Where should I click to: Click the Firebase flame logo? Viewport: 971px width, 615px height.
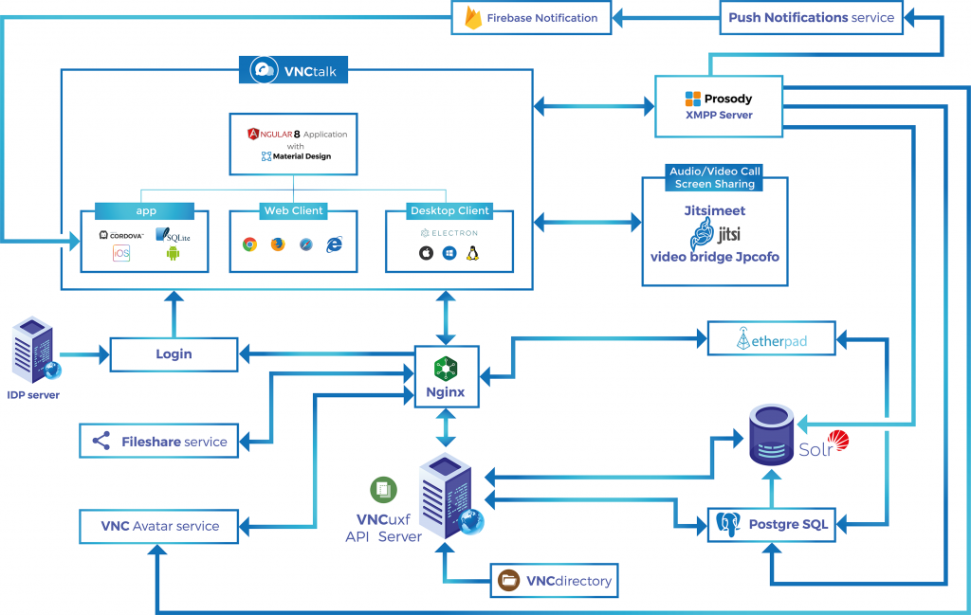474,18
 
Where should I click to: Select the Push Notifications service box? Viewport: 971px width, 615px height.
812,17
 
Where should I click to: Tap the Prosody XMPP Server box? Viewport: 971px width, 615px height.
719,106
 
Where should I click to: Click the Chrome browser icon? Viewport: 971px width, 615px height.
249,244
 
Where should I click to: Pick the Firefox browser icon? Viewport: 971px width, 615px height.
278,244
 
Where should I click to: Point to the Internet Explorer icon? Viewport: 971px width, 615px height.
335,244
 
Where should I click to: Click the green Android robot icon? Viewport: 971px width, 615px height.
173,252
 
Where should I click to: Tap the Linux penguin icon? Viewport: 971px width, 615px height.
473,252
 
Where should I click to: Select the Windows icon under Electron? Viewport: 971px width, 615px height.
449,253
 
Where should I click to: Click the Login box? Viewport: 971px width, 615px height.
174,354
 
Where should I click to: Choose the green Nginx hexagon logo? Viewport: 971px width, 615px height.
446,369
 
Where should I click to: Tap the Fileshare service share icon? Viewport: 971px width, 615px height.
101,441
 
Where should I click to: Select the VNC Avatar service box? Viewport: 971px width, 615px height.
159,527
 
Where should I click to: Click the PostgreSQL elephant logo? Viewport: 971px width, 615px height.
728,525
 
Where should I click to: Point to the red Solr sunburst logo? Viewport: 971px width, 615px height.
838,441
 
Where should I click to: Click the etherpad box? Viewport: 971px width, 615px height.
772,338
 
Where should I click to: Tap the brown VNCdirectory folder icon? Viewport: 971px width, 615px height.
509,580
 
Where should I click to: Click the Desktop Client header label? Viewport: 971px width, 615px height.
450,211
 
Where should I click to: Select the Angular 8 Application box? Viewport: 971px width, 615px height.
294,144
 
